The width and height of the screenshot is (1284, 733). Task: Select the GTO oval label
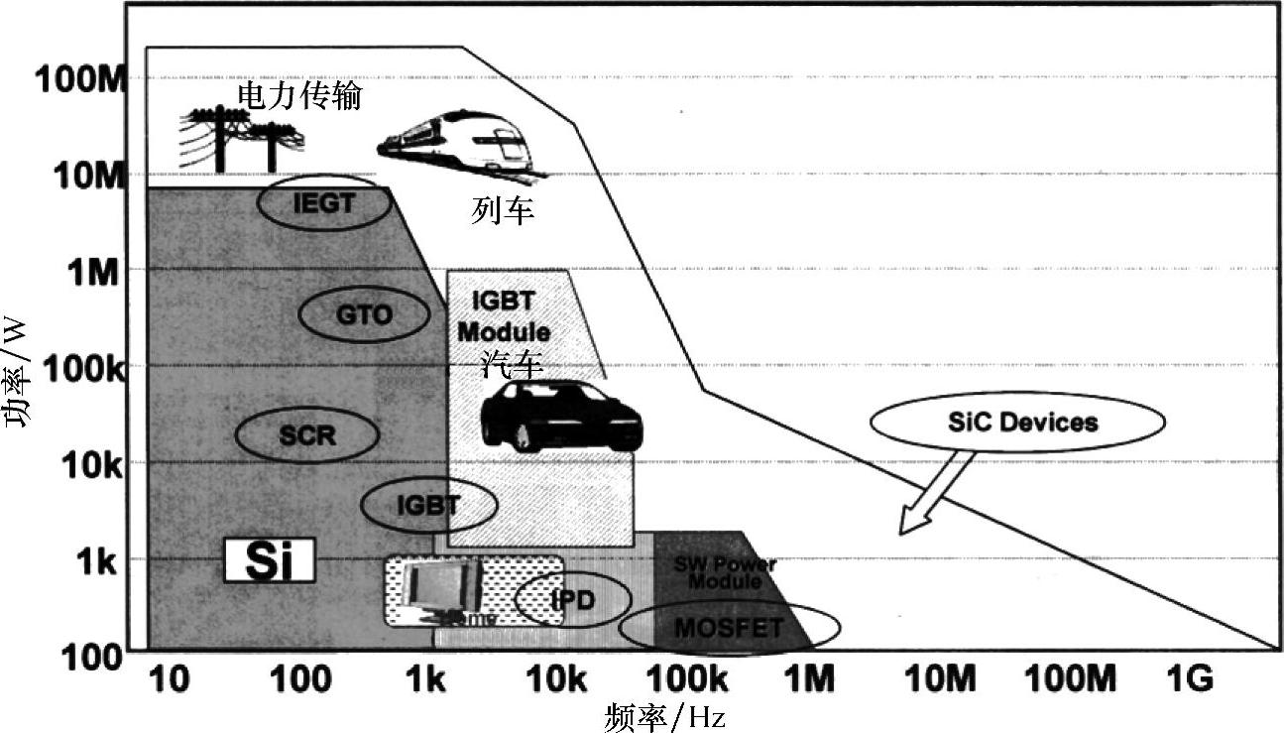(364, 315)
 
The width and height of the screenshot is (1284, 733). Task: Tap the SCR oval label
(307, 433)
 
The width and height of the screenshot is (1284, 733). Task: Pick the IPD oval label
(573, 599)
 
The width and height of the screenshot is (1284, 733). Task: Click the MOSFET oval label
(729, 627)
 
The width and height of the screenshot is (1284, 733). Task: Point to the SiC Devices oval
(1016, 423)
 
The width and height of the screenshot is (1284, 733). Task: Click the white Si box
(269, 561)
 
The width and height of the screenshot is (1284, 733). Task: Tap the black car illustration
(560, 417)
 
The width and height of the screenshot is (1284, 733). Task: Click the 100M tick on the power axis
(79, 79)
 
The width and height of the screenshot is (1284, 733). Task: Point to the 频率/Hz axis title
(664, 716)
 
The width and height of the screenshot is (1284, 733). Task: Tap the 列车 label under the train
(503, 210)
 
